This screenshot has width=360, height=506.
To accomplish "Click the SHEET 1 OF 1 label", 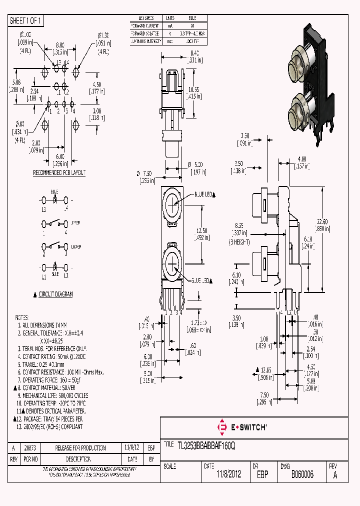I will click(26, 20).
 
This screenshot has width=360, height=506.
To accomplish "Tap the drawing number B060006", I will click(302, 474).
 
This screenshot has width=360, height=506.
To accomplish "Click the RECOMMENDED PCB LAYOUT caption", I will click(59, 173).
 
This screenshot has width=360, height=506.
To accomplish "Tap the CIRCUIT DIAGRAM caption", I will click(55, 294).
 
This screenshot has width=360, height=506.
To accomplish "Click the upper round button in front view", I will click(171, 202).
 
